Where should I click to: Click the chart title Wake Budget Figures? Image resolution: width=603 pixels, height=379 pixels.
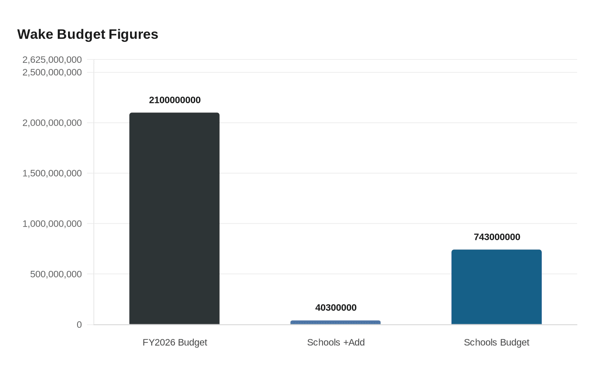[88, 34]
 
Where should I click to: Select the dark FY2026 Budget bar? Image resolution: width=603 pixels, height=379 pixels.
[174, 218]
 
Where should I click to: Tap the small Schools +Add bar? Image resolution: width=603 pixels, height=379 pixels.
[336, 322]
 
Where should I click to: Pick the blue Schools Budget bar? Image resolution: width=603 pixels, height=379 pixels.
[496, 287]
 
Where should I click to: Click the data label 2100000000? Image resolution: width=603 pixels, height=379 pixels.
[174, 100]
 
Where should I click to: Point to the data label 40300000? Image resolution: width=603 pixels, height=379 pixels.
[336, 308]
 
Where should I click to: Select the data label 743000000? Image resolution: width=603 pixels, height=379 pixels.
[497, 237]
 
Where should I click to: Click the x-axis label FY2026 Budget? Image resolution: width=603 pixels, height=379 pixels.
[174, 342]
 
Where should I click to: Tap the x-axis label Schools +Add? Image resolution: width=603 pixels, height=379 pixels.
[336, 342]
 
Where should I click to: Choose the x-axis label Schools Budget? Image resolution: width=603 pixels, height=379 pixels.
[496, 342]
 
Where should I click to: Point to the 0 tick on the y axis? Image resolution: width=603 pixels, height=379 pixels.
[79, 325]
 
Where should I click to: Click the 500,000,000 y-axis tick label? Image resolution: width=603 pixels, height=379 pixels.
[56, 274]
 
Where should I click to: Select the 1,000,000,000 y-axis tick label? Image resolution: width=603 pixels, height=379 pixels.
[52, 224]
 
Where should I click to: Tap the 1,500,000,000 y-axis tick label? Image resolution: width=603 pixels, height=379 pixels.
[52, 174]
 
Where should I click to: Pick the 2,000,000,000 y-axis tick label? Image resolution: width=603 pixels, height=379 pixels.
[52, 123]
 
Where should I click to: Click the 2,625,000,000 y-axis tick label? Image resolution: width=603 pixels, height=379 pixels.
[52, 60]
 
